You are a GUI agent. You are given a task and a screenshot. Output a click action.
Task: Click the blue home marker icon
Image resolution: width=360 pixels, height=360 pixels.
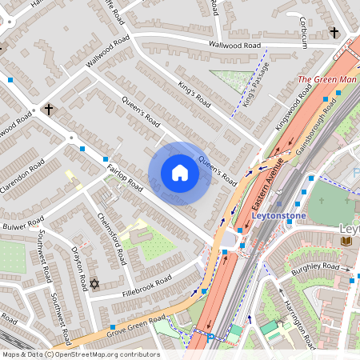tap(179, 173)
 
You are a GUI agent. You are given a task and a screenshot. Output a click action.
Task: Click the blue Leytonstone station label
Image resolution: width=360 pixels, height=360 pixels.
tap(276, 216)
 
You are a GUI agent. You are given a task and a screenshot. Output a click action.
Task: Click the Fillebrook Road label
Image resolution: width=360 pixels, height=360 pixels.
tap(148, 285)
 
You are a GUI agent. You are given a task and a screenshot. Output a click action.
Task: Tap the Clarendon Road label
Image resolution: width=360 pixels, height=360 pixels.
tap(25, 176)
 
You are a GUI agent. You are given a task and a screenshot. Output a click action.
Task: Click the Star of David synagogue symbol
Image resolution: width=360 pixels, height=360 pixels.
tap(94, 284)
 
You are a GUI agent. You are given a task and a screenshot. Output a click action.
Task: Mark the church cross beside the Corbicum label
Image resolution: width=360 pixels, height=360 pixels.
tap(333, 33)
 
